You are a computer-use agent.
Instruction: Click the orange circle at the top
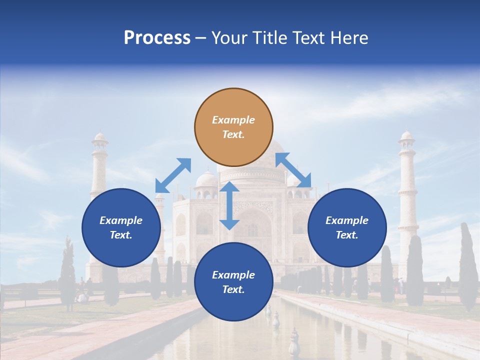[x=233, y=127]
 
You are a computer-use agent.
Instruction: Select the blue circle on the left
[x=121, y=227]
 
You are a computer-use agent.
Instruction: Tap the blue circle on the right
[x=347, y=227]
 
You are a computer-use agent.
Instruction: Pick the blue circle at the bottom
[x=233, y=282]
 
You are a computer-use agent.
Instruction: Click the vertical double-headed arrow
[x=229, y=205]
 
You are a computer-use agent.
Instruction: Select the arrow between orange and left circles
[x=173, y=175]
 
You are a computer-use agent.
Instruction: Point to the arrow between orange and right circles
[x=293, y=170]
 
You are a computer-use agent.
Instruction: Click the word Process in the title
[x=157, y=37]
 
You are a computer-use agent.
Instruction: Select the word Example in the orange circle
[x=233, y=120]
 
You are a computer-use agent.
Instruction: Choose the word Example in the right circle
[x=347, y=220]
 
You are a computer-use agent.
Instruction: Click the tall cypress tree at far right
[x=467, y=265]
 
